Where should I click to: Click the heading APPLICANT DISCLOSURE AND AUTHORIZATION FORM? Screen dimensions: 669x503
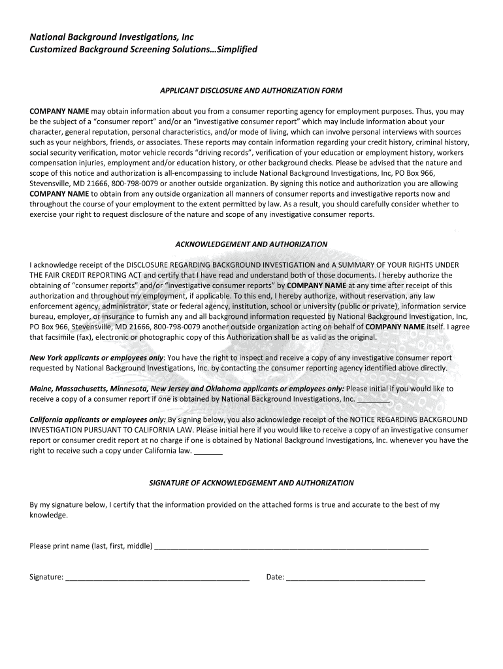click(x=252, y=90)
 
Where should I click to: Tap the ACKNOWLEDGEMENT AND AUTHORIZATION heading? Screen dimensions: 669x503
click(x=252, y=244)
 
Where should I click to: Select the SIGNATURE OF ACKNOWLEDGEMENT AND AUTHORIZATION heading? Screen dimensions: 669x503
click(x=252, y=483)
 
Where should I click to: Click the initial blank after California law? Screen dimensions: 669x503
click(x=208, y=452)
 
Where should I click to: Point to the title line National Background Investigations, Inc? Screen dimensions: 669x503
click(x=112, y=37)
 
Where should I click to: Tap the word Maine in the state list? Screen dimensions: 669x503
click(x=42, y=389)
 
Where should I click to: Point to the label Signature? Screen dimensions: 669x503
click(x=46, y=578)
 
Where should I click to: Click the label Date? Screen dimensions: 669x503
click(x=274, y=578)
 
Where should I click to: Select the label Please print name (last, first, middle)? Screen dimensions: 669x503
click(x=91, y=546)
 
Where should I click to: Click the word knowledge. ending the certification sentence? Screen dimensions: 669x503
click(x=48, y=515)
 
